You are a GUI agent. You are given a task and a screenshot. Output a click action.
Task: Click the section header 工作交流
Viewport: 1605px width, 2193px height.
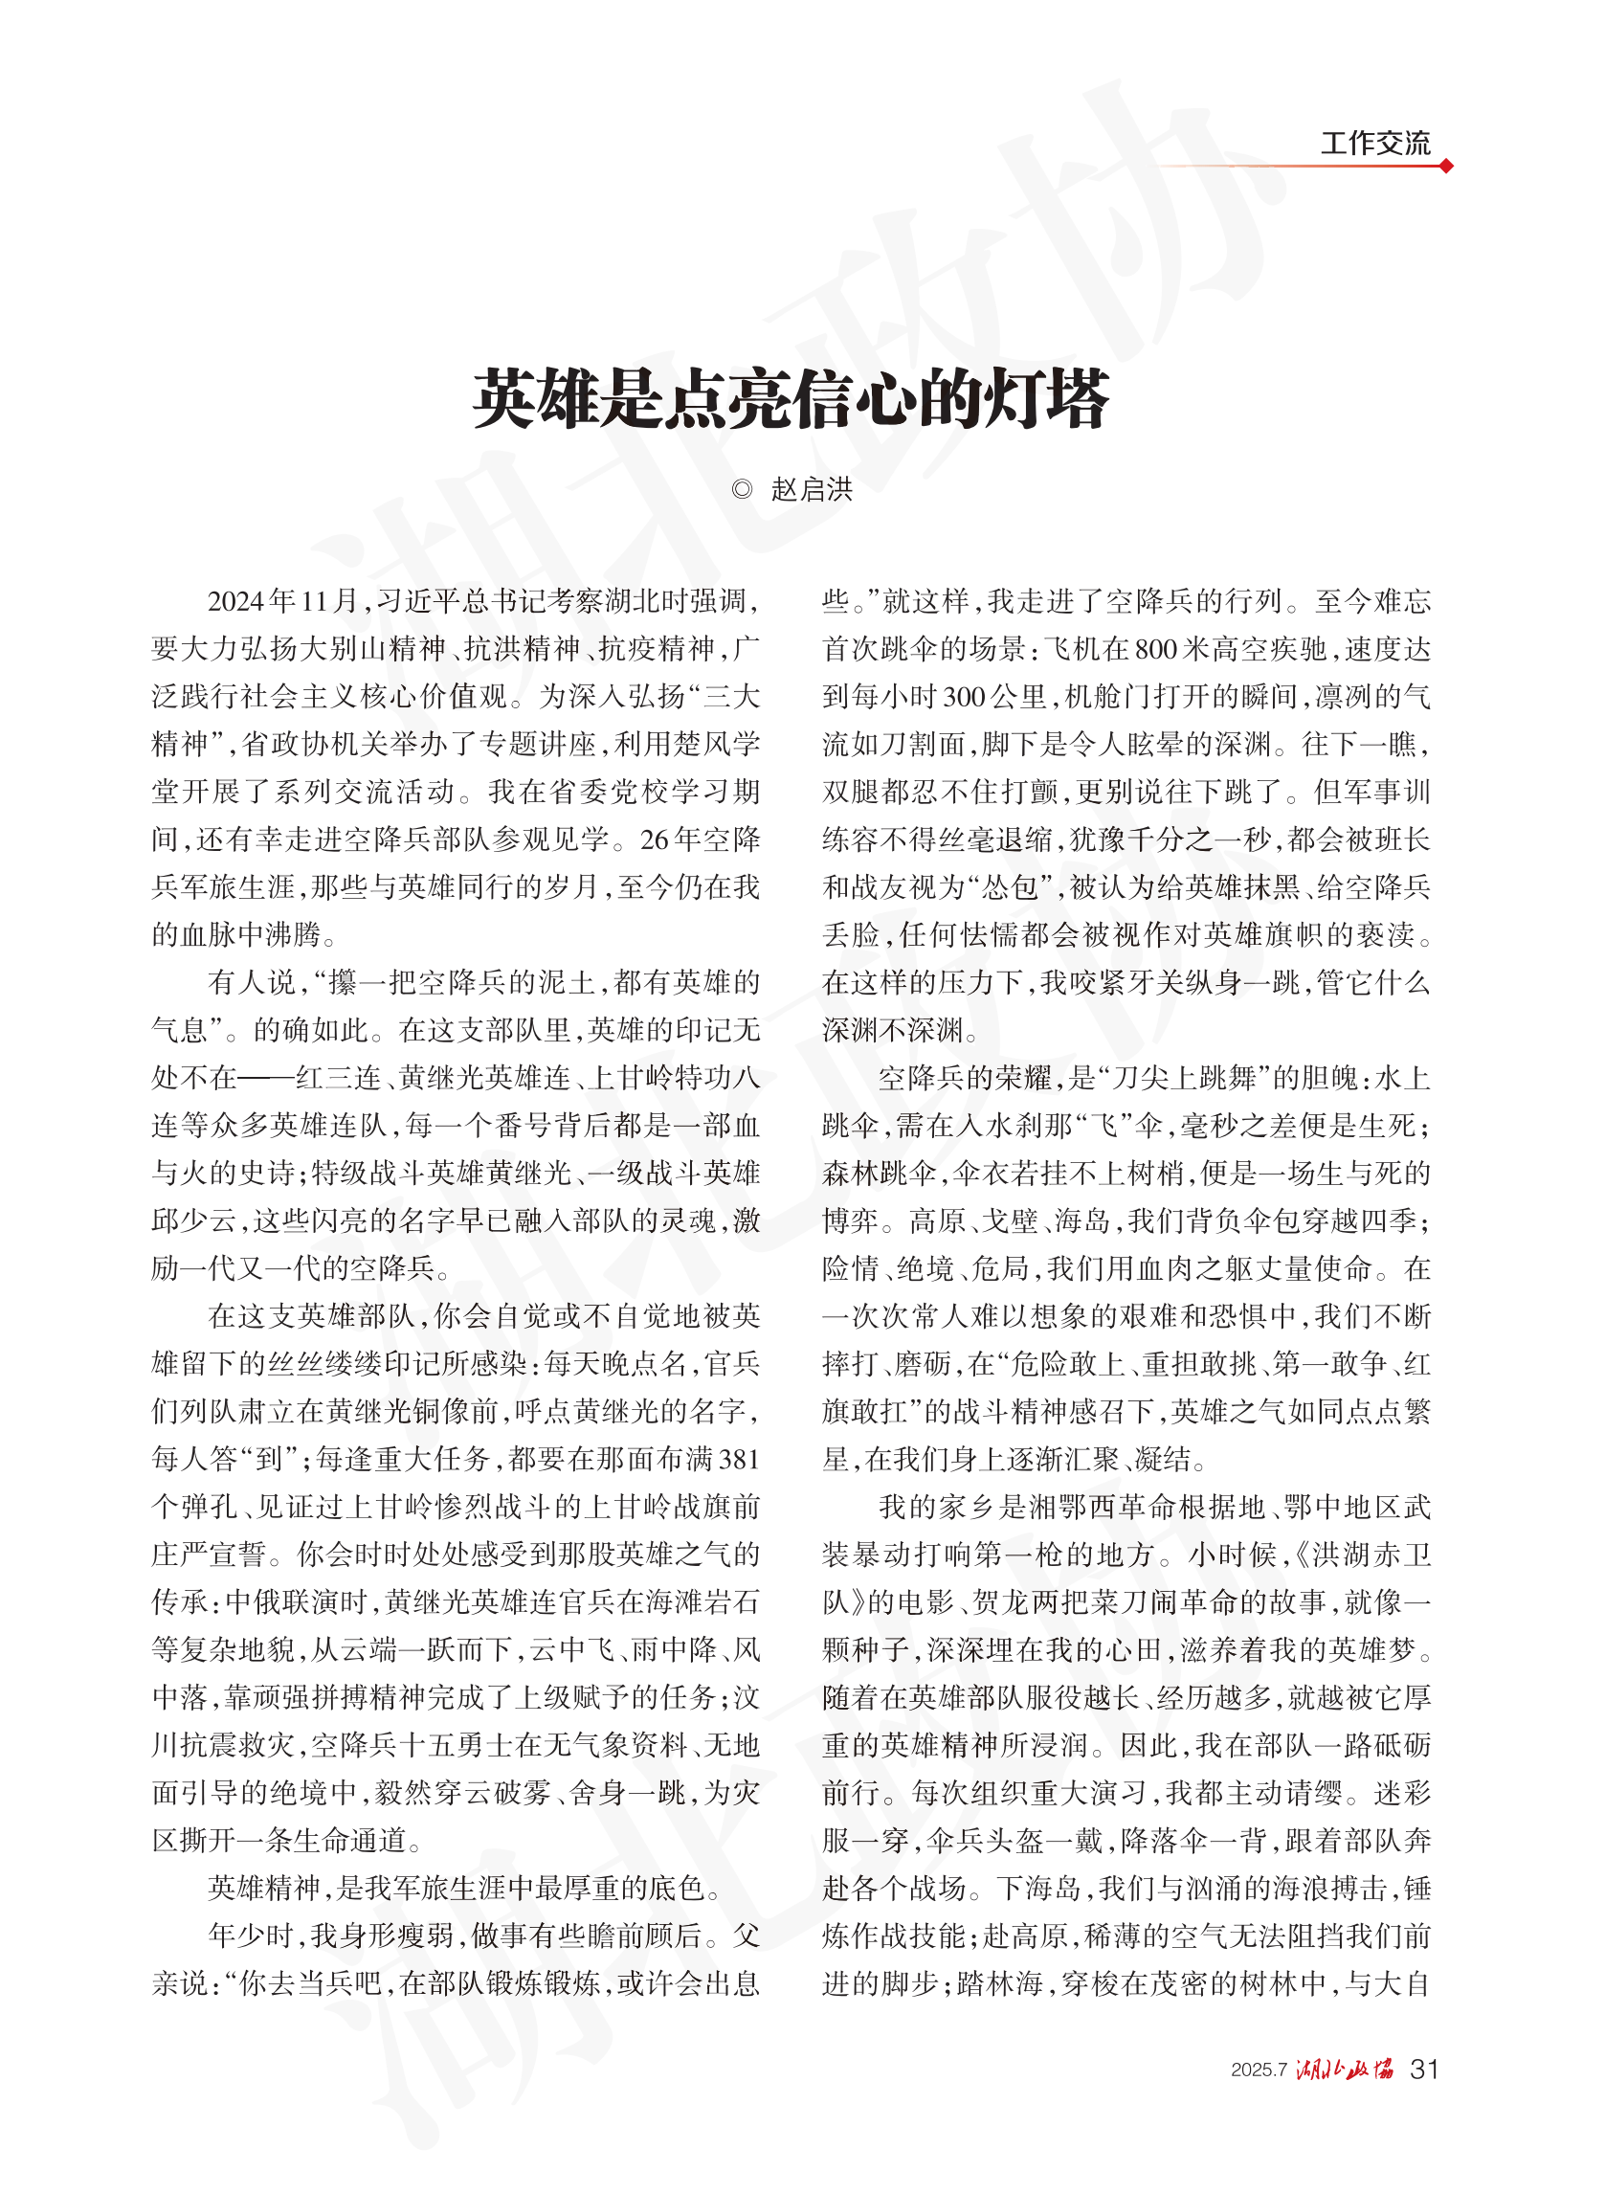[1373, 144]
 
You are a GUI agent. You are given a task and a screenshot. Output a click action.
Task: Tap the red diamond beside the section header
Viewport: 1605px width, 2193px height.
[1446, 167]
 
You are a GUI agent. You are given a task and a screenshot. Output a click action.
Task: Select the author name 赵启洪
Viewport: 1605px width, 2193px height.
[812, 490]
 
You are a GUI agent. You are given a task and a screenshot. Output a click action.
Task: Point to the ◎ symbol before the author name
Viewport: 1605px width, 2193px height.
[742, 490]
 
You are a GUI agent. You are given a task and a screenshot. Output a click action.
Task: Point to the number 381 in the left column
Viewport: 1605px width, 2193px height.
[739, 1460]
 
